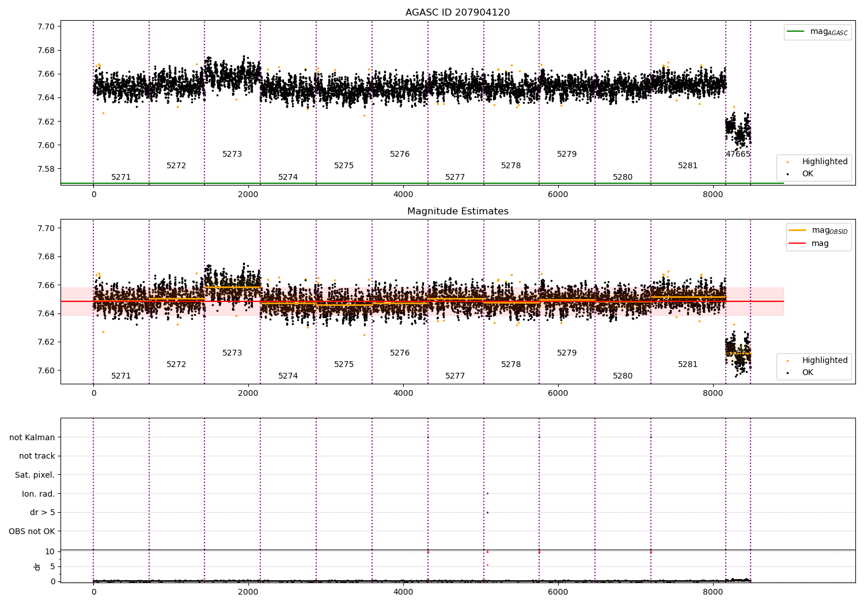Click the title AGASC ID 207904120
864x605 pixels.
pos(457,13)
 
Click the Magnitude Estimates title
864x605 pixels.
pos(457,211)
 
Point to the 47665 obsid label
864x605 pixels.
pos(738,154)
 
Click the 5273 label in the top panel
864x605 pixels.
pos(232,154)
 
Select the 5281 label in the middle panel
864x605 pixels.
pos(687,365)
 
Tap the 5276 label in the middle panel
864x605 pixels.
pos(400,353)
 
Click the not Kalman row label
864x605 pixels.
pos(32,437)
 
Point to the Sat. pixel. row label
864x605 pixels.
pos(35,475)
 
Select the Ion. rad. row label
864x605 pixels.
pos(39,494)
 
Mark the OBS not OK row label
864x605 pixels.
pos(32,532)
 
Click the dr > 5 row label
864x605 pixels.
pos(43,513)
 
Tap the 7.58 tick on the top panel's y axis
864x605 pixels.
pos(46,169)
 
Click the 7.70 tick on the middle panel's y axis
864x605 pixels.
pos(46,228)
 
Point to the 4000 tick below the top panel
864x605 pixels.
pos(403,195)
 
